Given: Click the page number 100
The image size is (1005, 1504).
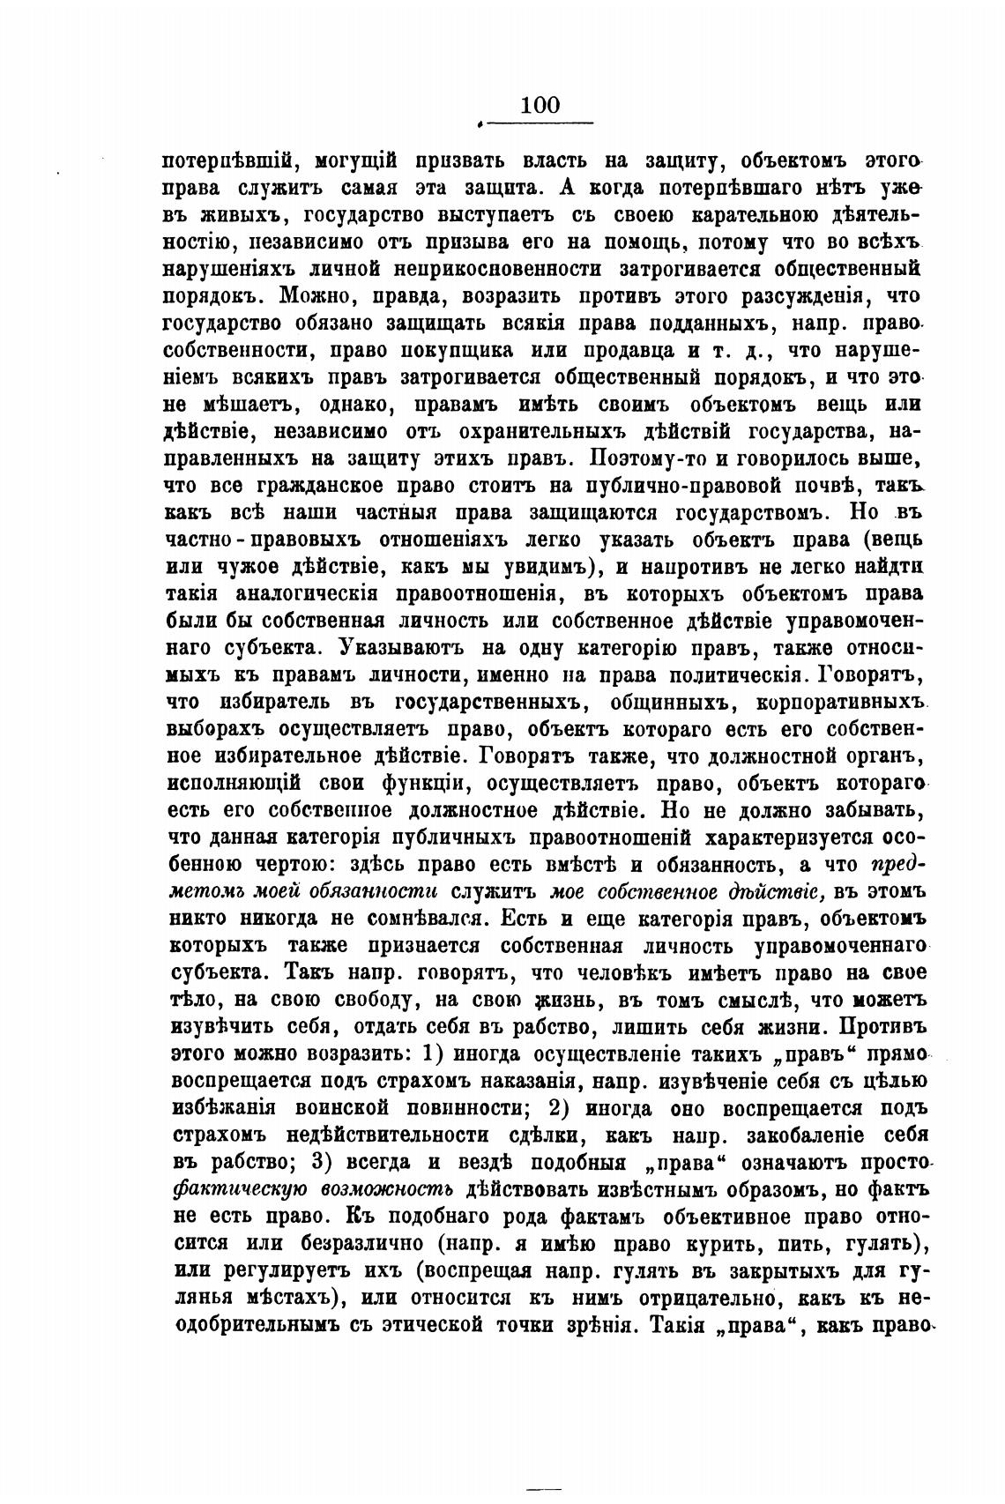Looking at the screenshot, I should tap(540, 105).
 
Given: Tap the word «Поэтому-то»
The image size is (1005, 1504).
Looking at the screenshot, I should tap(618, 459).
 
